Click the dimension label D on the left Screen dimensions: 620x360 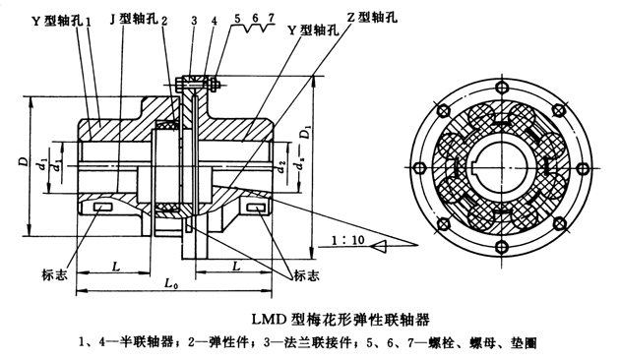pyautogui.click(x=25, y=161)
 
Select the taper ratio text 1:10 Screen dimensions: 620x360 pyautogui.click(x=348, y=240)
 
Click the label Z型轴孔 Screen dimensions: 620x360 pyautogui.click(x=372, y=17)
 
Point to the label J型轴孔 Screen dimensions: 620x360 pyautogui.click(x=133, y=19)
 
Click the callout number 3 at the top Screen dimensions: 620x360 pyautogui.click(x=194, y=21)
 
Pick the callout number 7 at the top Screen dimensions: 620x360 pyautogui.click(x=271, y=18)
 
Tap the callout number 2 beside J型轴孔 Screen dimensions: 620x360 pyautogui.click(x=164, y=21)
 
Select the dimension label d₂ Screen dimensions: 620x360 pyautogui.click(x=281, y=168)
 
